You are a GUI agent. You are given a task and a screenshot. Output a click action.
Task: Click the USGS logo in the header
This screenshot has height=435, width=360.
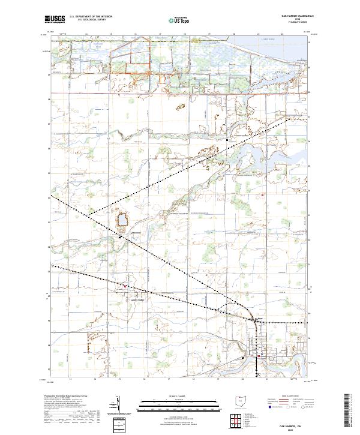click(55, 19)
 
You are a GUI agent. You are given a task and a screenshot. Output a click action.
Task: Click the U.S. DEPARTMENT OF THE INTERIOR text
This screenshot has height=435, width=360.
click(90, 17)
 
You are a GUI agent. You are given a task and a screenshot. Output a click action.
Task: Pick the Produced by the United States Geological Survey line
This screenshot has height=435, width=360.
click(61, 397)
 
